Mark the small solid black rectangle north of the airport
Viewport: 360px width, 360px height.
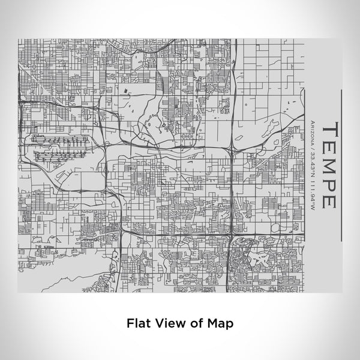click(x=126, y=91)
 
